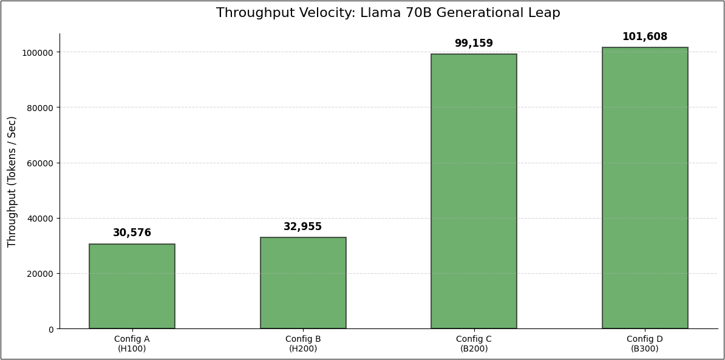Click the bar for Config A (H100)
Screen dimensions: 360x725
pyautogui.click(x=132, y=287)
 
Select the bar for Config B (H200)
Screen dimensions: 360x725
pyautogui.click(x=303, y=283)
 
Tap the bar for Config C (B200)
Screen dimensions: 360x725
pyautogui.click(x=474, y=191)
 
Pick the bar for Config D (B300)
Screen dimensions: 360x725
pyautogui.click(x=645, y=188)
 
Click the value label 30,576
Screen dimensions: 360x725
pyautogui.click(x=132, y=233)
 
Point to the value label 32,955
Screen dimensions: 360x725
pyautogui.click(x=303, y=227)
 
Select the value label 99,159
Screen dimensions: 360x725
pyautogui.click(x=474, y=44)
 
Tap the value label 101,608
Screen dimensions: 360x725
pyautogui.click(x=645, y=37)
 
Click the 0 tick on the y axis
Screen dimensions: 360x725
pyautogui.click(x=51, y=329)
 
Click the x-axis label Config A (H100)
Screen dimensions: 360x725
pyautogui.click(x=132, y=344)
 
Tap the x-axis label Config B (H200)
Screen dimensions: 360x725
pyautogui.click(x=303, y=344)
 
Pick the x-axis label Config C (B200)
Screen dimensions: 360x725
pyautogui.click(x=474, y=344)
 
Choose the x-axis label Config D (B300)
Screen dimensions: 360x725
pyautogui.click(x=645, y=344)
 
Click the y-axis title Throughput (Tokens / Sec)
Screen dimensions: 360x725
pyautogui.click(x=12, y=182)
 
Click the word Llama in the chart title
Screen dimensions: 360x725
pyautogui.click(x=381, y=13)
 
